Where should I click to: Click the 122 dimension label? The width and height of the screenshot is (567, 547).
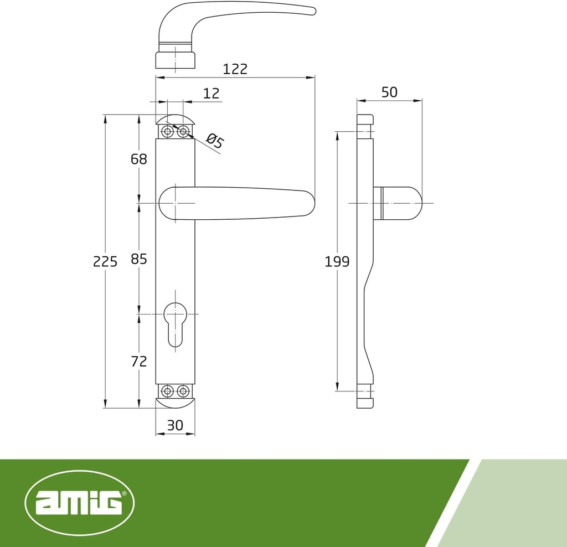point(235,69)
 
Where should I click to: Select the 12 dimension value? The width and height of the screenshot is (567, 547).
point(211,93)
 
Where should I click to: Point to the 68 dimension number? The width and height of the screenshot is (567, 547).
point(139,159)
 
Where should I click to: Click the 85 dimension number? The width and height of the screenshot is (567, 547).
point(139,259)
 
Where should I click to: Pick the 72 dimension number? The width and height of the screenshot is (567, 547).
point(139,362)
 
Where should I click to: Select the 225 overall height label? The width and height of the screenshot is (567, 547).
point(105,261)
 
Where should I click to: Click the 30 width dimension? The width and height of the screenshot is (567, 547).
point(175,425)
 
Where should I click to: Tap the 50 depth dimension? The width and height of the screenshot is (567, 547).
point(389,92)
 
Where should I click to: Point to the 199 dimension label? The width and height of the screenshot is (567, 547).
point(337,261)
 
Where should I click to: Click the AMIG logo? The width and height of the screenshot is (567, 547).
point(80,503)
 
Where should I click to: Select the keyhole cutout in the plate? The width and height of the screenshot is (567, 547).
point(175,323)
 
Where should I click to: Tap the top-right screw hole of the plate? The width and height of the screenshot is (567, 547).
point(183,132)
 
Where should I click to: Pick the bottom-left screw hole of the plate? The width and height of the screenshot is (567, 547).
point(167,391)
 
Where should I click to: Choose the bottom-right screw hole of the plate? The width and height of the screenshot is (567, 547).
point(183,391)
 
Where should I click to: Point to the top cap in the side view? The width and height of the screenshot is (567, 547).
point(365,120)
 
